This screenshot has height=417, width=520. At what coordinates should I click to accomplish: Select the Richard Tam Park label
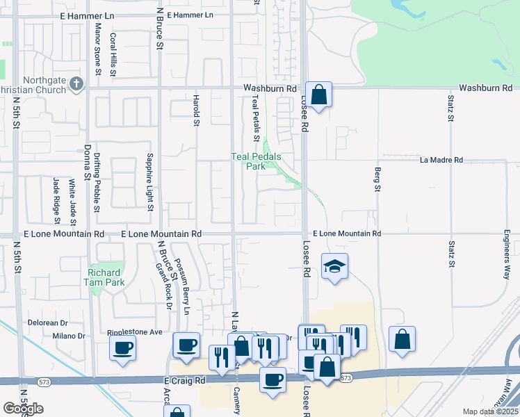[104, 277]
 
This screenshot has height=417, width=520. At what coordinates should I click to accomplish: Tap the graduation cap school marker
[334, 267]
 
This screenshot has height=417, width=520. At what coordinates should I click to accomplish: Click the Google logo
[23, 408]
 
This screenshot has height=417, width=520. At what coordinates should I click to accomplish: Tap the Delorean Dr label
[47, 322]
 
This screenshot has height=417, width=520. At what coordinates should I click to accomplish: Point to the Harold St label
[196, 111]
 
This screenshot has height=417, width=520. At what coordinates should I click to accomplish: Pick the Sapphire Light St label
[149, 183]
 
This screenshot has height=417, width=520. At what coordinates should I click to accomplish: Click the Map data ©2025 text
[490, 411]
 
